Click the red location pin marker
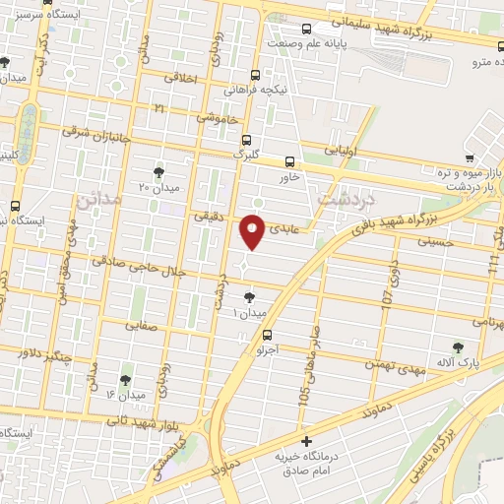click(254, 232)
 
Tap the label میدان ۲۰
click(157, 187)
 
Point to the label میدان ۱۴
click(125, 396)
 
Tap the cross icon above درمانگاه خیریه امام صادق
click(306, 441)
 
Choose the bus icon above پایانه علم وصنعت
click(306, 29)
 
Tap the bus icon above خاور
click(289, 161)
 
